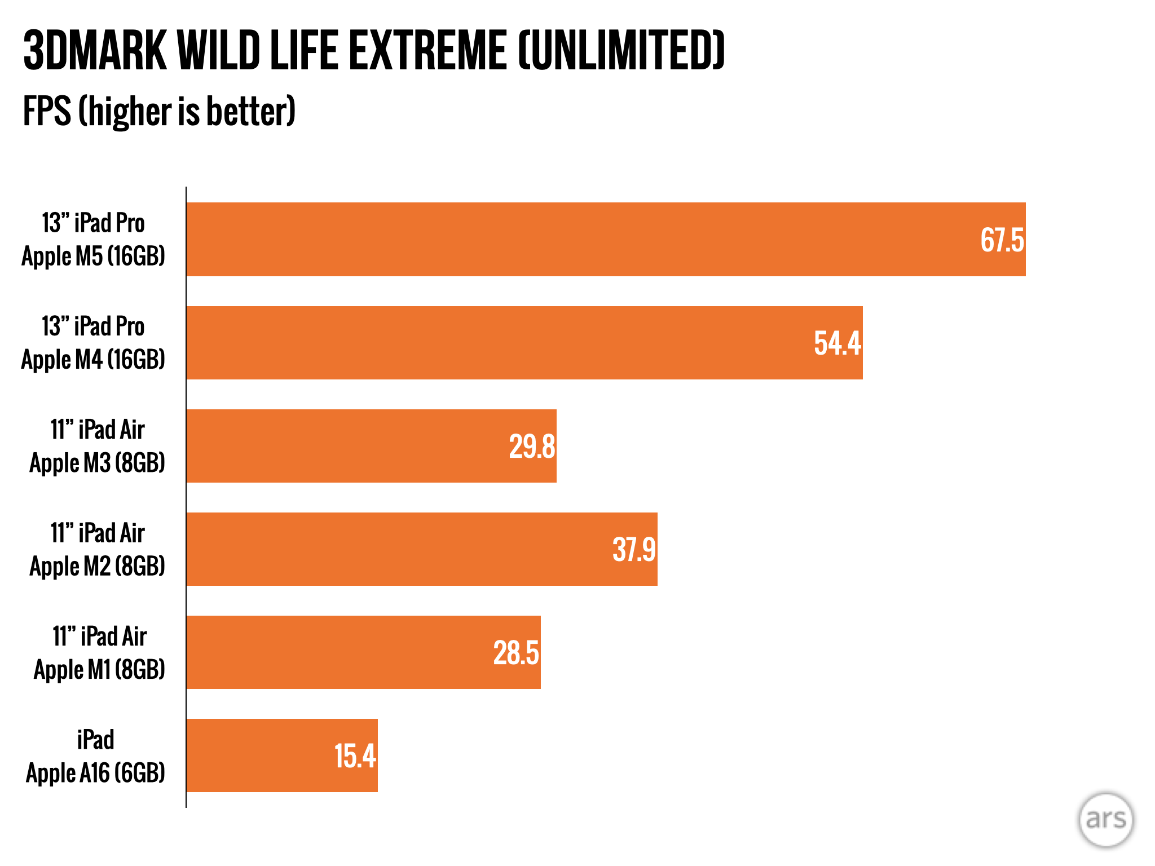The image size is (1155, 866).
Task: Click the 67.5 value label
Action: point(1002,240)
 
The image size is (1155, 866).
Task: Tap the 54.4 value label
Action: point(837,343)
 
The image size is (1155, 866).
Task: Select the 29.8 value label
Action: point(532,447)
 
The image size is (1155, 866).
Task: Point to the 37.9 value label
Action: point(634,550)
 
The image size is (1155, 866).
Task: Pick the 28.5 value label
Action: point(516,653)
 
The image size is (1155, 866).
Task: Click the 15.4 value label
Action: point(355,756)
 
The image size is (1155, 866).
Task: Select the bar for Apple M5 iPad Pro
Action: point(564,239)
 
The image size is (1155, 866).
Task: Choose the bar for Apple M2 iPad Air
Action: point(395,549)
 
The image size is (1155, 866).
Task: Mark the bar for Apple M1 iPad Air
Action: point(338,652)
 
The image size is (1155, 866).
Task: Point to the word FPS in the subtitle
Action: point(47,111)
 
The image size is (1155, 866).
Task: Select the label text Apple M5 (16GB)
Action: point(93,257)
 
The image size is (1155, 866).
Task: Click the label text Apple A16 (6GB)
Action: point(95,773)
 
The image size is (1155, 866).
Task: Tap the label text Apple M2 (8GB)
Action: point(97,567)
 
